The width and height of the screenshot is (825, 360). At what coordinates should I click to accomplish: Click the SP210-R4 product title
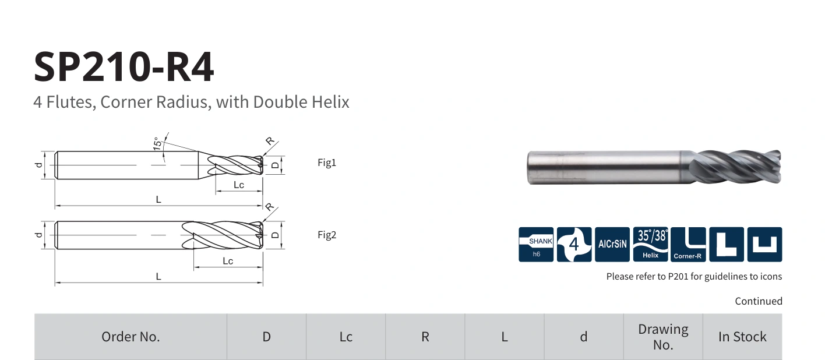tap(124, 66)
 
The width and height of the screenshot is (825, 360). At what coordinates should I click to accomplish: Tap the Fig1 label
tap(327, 163)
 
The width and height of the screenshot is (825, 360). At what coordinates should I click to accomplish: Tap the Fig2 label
tap(327, 235)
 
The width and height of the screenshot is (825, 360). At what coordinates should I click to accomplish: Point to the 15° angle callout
tap(157, 143)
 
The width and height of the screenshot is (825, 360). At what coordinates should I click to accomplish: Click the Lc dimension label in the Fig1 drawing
tap(239, 185)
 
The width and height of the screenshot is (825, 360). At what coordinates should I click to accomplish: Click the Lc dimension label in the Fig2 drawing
tap(228, 261)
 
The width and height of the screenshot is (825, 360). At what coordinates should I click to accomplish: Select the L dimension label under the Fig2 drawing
tap(158, 276)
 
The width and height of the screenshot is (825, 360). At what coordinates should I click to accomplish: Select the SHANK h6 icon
tap(536, 245)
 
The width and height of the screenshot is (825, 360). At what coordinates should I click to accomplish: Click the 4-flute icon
tap(574, 245)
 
